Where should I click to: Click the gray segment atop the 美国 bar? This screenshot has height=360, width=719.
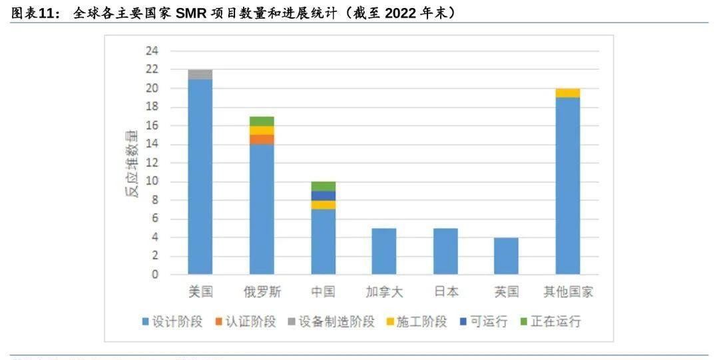(x=200, y=75)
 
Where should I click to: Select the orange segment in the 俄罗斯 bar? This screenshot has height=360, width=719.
(x=262, y=139)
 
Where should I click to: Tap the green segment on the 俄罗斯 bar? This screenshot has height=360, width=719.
(x=262, y=121)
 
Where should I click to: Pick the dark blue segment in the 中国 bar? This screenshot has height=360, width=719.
(x=323, y=196)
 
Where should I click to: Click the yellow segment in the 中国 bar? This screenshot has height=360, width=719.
(x=323, y=205)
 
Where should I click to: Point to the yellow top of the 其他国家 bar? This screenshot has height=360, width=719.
(x=568, y=93)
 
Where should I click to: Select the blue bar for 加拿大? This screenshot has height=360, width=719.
(x=384, y=251)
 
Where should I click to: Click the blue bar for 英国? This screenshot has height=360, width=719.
(x=507, y=256)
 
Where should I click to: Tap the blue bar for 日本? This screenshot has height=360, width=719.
(x=445, y=251)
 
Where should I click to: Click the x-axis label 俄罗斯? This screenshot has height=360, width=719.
(x=262, y=292)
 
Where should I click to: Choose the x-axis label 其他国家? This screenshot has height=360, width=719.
(x=568, y=292)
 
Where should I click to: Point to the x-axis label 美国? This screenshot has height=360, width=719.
(x=200, y=292)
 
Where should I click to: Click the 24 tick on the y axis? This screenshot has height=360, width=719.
(x=152, y=51)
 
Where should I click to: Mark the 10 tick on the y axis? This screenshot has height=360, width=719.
(x=152, y=182)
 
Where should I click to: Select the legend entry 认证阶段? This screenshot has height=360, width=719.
(x=245, y=322)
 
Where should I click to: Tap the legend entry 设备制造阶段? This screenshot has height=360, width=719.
(x=330, y=322)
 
